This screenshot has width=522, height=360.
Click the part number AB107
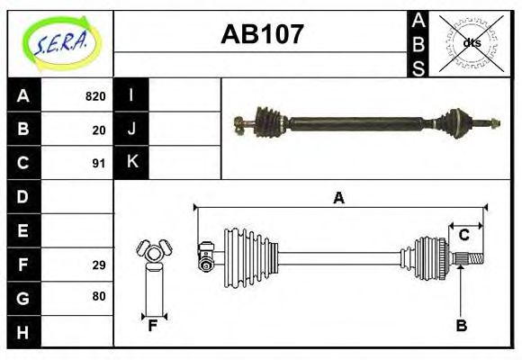262,35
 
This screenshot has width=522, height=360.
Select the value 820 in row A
95,96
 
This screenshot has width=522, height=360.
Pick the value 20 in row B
99,130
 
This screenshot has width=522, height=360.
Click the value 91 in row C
99,164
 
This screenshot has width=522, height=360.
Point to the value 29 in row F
99,265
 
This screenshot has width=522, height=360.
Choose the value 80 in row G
99,296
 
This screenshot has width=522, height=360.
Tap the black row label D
23,196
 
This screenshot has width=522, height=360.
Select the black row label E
23,230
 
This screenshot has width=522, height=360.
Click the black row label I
131,95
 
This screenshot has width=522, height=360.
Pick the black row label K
131,163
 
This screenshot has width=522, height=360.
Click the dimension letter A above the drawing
338,199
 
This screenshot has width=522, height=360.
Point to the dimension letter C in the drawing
463,236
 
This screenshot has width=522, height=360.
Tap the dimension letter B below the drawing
461,327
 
